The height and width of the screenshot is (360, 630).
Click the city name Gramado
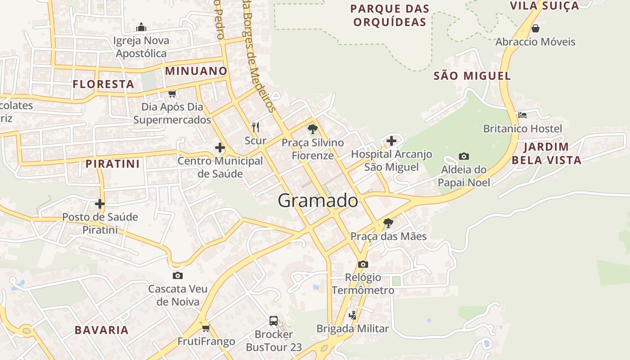click(318, 200)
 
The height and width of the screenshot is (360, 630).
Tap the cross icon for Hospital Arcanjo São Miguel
click(391, 141)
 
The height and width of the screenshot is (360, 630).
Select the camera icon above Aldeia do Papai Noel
click(464, 156)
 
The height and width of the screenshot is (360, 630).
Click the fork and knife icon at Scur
click(256, 127)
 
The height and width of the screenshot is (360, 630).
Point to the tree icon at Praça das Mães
click(388, 223)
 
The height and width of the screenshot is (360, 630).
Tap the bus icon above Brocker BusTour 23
click(274, 321)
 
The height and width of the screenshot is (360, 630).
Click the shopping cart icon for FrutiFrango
click(206, 328)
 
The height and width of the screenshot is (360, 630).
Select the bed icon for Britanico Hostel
click(522, 115)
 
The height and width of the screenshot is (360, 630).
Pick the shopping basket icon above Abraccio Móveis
click(535, 28)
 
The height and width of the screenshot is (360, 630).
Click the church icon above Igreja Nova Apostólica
click(141, 27)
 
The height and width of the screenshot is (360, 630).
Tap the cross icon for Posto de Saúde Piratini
click(100, 204)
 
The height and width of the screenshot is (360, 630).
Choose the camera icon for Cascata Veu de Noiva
click(178, 275)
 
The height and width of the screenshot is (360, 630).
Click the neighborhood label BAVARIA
click(102, 330)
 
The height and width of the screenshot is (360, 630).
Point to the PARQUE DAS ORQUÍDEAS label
click(390, 15)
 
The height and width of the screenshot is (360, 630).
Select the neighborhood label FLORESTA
click(103, 84)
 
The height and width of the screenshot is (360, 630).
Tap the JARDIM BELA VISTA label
click(546, 153)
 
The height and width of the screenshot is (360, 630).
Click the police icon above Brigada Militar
click(353, 315)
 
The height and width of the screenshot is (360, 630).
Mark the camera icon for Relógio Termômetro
click(363, 264)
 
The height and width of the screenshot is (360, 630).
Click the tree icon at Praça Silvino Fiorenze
click(312, 130)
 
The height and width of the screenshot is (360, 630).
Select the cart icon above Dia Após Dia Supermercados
click(172, 94)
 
